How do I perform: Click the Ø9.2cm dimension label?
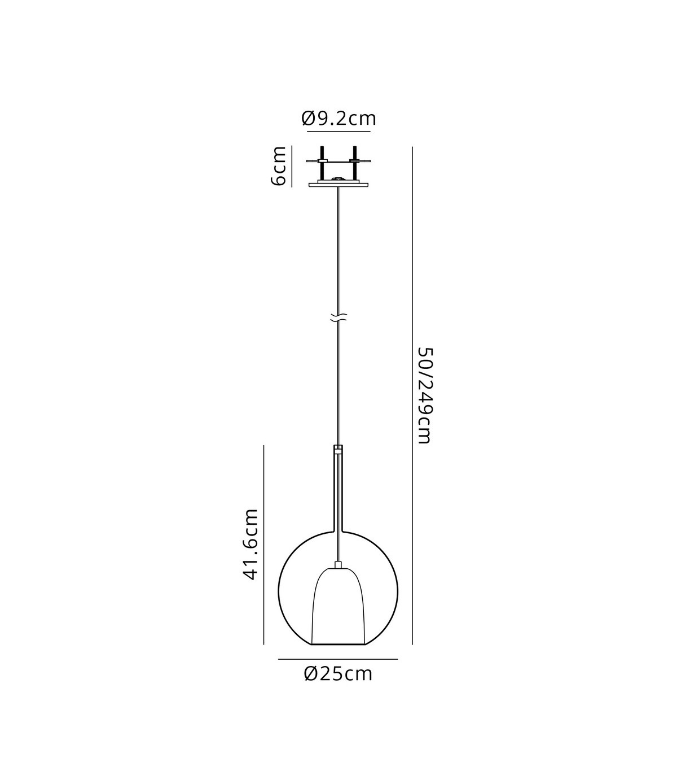[338, 119]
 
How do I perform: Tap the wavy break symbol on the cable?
[338, 317]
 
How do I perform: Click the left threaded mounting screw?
[322, 164]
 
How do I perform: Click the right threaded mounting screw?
[355, 164]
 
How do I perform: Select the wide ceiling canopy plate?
[338, 185]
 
